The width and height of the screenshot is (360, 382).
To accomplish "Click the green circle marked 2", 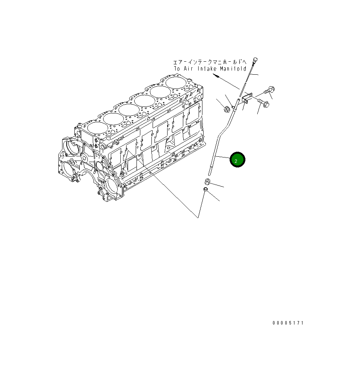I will (237, 160).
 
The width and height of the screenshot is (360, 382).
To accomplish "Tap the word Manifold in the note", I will (233, 69).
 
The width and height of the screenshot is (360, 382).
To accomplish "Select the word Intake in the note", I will (208, 69).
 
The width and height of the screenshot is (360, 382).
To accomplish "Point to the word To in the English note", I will (177, 69).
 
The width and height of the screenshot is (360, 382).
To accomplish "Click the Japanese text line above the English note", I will (209, 62).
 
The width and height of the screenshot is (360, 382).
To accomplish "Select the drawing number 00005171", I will (288, 323).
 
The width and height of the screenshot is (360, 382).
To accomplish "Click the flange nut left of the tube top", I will (227, 110).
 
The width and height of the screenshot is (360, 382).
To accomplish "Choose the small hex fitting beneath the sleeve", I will (205, 190).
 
